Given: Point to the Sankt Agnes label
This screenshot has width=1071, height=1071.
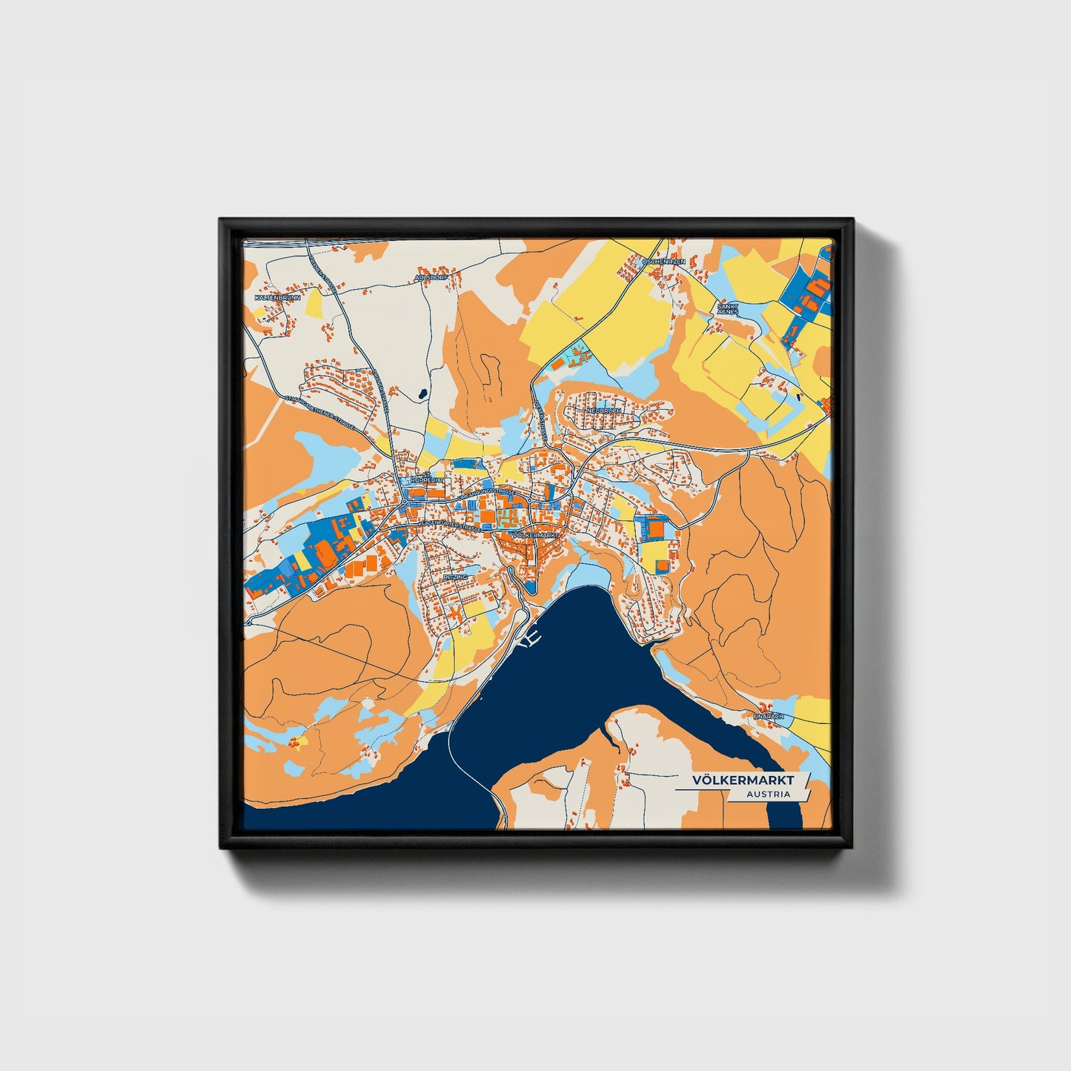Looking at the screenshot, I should [728, 308].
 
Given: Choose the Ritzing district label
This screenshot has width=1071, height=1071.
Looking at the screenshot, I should [454, 576].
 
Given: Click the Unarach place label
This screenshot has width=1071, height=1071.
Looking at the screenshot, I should [769, 717].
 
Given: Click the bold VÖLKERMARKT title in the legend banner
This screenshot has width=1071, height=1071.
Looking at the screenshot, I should [743, 780].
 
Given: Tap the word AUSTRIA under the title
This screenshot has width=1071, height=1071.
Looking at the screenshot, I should [768, 795].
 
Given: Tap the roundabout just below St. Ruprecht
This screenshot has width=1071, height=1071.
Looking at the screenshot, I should [402, 503].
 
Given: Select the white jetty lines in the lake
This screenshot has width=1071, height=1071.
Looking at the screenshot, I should [531, 638].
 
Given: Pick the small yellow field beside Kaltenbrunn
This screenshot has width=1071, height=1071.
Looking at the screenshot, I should [314, 303].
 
